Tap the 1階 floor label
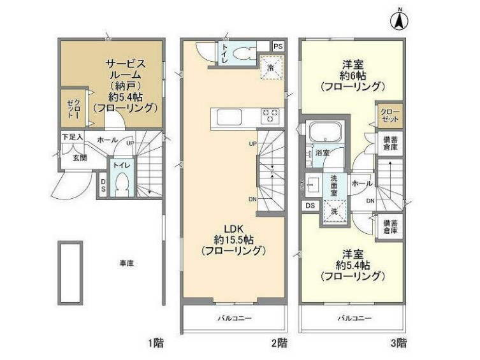[157, 343]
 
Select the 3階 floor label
[398, 343]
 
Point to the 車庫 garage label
[126, 263]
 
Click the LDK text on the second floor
[230, 229]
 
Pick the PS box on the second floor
[277, 47]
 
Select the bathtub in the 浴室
[325, 134]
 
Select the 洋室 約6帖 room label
[353, 74]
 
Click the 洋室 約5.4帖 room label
[353, 264]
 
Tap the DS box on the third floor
[310, 205]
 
